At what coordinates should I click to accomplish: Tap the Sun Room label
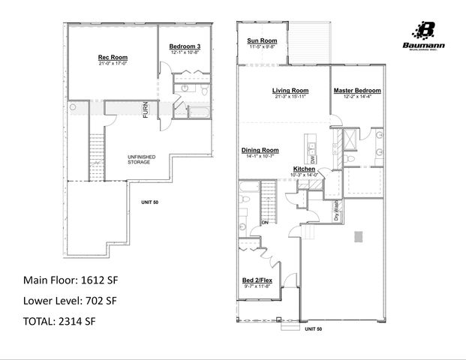(263, 40)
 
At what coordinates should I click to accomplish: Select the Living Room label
(290, 91)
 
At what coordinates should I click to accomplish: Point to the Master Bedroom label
(357, 91)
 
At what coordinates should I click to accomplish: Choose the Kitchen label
(304, 169)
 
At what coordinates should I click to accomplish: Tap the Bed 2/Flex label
(257, 280)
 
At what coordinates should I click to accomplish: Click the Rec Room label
(112, 57)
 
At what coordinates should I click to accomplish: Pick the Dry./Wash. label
(336, 210)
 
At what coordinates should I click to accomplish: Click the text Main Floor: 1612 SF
(71, 281)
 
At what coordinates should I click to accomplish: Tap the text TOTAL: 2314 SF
(59, 322)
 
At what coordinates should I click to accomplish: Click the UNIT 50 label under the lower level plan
(150, 202)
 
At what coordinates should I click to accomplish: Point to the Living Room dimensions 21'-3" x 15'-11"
(290, 97)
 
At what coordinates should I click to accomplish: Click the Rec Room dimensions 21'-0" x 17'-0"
(112, 64)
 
